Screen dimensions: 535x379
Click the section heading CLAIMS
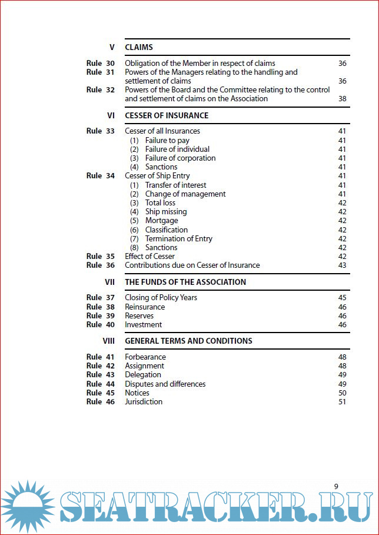[x=139, y=47]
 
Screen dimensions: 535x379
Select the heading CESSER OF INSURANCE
[x=167, y=115]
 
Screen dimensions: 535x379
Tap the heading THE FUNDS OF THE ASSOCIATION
[x=185, y=282]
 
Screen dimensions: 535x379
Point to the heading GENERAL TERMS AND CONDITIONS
[x=188, y=341]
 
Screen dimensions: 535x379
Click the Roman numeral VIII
[x=108, y=341]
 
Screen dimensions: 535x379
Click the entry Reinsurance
[x=145, y=307]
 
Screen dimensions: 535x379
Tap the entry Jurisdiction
[x=144, y=401]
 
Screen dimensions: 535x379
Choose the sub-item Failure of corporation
[x=180, y=158]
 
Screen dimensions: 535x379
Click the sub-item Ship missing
[x=166, y=211]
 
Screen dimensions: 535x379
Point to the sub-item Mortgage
[x=161, y=221]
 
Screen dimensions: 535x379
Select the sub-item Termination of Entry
[x=179, y=238]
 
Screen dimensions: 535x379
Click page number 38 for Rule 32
[x=343, y=99]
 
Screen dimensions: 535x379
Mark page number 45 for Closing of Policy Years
[x=343, y=297]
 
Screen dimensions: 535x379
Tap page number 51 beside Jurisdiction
[x=343, y=401]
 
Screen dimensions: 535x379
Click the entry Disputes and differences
[x=165, y=384]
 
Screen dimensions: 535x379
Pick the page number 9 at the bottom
[x=336, y=486]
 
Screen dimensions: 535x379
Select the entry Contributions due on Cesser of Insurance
[x=192, y=265]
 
